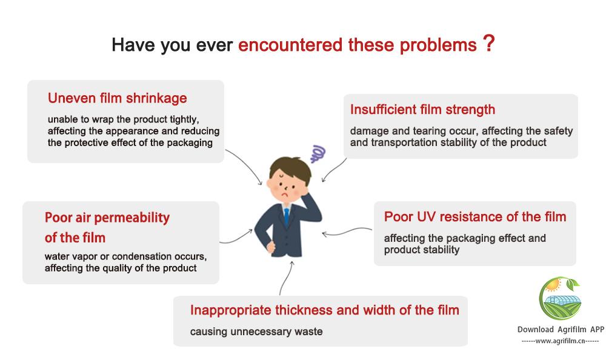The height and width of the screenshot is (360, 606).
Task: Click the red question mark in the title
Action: pos(489,43)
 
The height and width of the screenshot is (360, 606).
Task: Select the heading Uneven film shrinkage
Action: pos(118,98)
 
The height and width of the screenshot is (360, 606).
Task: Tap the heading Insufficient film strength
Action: pos(422,110)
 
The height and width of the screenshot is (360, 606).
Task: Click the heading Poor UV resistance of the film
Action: pos(475,216)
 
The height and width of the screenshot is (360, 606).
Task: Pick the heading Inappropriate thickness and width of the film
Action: pos(325,310)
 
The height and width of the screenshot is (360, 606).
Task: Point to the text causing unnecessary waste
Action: pos(256,332)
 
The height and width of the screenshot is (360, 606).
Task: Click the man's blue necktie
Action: pos(287,216)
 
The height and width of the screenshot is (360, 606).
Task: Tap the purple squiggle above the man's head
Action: pos(318,153)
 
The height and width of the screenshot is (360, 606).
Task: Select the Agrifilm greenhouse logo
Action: pos(560,298)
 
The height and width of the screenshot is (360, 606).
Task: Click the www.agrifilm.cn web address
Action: pos(560,341)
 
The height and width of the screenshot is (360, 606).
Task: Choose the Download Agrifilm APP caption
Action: pos(561,330)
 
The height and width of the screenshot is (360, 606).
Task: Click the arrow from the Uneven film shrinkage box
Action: pos(247,165)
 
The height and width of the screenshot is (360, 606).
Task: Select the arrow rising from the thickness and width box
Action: pos(285,278)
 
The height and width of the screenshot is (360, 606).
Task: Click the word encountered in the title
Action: pos(290,45)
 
